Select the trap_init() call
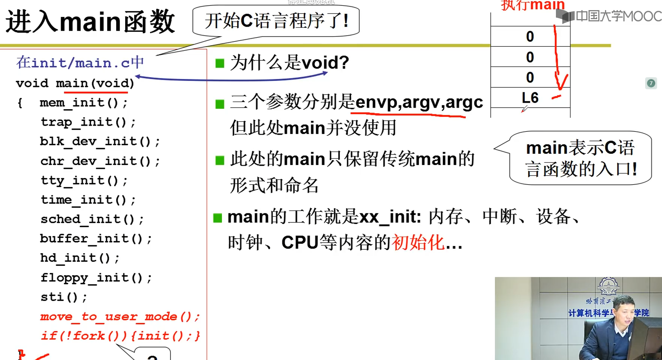tap(88, 122)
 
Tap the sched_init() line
tap(92, 219)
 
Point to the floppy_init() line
tap(96, 277)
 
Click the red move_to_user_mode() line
tap(120, 316)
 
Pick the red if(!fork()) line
tap(120, 336)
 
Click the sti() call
tap(64, 297)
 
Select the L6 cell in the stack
tap(530, 98)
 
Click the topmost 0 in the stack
tap(530, 36)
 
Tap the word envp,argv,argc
tap(419, 102)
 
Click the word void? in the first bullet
tap(325, 63)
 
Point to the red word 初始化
tap(418, 243)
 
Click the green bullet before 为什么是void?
tap(220, 63)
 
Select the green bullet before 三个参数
tap(220, 104)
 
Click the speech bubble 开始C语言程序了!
tap(276, 21)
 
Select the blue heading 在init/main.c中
tap(80, 63)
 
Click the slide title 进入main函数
tap(90, 22)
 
